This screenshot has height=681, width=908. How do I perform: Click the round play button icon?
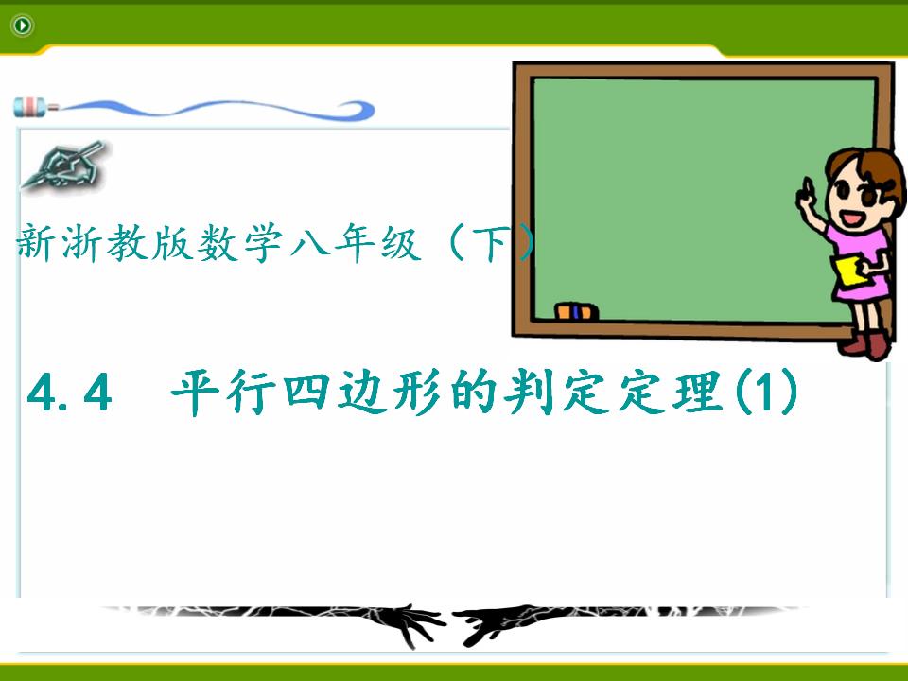point(23,26)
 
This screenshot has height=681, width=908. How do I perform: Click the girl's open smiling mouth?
point(851,218)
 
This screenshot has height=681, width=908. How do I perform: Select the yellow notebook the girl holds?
point(849,270)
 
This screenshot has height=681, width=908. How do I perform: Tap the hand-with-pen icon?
point(62,165)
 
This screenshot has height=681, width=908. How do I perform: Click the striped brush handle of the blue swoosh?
point(32,107)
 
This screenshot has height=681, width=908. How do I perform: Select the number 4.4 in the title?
point(69,393)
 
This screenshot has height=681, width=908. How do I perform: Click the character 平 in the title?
point(195,392)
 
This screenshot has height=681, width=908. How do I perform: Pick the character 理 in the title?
point(699,392)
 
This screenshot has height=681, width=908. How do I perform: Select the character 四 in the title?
point(306,392)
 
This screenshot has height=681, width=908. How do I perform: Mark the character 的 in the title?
point(473,392)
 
